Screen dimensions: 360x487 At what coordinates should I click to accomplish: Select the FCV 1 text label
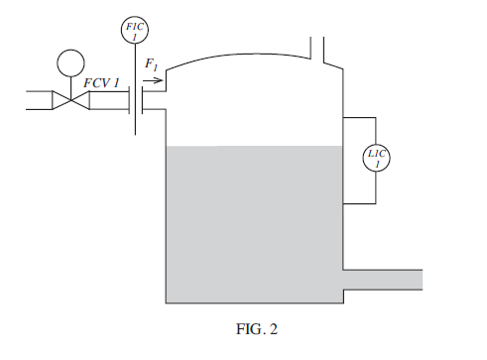(x=101, y=81)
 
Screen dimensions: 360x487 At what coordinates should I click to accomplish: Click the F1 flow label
(x=151, y=65)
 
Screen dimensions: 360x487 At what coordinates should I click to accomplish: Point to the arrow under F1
(x=151, y=79)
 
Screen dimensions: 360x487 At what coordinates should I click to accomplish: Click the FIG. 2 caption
(x=243, y=324)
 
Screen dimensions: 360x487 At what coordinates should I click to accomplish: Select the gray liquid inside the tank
(x=253, y=223)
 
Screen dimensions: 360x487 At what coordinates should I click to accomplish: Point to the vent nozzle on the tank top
(x=319, y=48)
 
